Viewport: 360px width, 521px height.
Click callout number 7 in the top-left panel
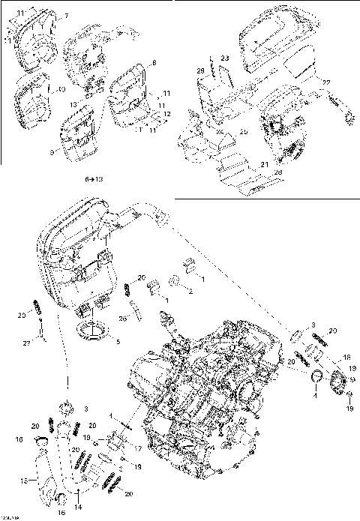[x=66, y=16]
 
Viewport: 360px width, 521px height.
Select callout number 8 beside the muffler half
[x=154, y=63]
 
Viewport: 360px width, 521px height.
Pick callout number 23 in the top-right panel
[x=224, y=58]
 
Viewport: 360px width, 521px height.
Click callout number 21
[x=264, y=164]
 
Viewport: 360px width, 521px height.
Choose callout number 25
[x=244, y=132]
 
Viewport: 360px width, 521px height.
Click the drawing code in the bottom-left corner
[x=10, y=516]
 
